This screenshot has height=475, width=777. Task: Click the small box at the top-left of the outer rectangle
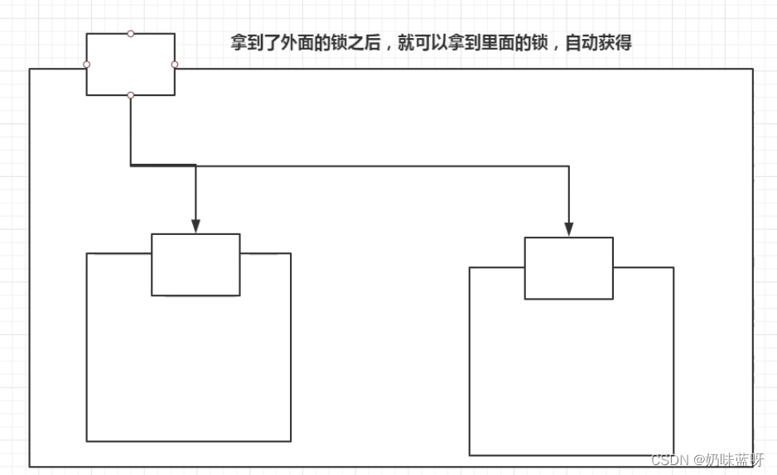(130, 64)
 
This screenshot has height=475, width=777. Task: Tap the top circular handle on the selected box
(130, 33)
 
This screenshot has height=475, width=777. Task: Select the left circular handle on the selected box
(86, 64)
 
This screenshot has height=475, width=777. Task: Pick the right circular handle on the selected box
(175, 64)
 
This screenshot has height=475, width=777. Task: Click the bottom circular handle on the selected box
(130, 95)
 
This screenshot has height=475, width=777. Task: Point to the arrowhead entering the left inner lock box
(195, 226)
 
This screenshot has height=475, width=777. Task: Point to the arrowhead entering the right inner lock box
(569, 229)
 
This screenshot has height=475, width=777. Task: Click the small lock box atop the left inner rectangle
(195, 264)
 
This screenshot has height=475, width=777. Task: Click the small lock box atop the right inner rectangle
(569, 268)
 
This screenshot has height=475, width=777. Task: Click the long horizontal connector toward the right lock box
(381, 166)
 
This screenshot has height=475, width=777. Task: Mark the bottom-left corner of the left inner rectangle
(87, 441)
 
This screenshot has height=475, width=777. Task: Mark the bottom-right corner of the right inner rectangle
(673, 455)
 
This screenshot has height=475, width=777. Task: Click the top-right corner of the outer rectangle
(752, 70)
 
